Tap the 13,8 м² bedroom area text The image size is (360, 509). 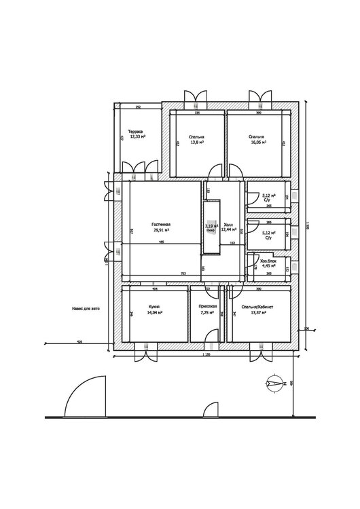click(197, 143)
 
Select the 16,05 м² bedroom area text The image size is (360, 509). click(258, 143)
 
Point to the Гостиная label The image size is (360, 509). click(161, 224)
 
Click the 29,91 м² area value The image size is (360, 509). click(161, 229)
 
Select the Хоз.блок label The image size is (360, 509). click(268, 261)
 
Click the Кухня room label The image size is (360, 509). click(154, 307)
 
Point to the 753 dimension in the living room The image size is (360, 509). click(183, 274)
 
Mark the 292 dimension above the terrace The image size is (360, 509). click(138, 107)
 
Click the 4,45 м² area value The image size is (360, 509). click(268, 266)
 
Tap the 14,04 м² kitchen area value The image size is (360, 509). click(154, 313)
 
